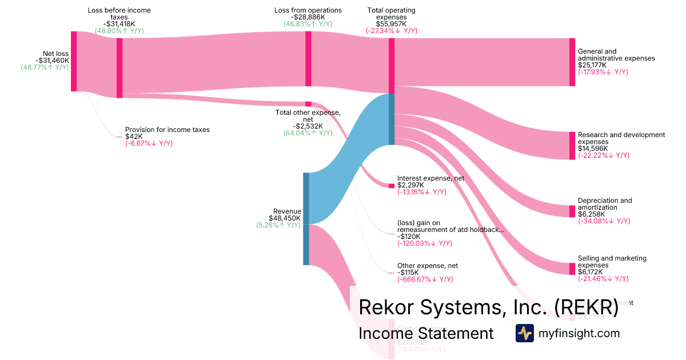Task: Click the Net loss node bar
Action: click(x=74, y=61)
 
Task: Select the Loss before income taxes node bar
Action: click(x=119, y=68)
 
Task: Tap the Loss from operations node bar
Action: click(x=308, y=59)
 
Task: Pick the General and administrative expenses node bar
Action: click(x=572, y=62)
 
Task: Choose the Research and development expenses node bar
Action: click(x=572, y=146)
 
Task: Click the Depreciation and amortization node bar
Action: click(x=572, y=211)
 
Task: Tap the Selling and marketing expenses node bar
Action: click(x=572, y=269)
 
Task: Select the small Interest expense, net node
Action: click(x=392, y=186)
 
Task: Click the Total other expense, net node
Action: click(x=308, y=104)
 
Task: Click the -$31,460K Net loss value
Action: click(x=52, y=61)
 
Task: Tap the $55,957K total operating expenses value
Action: click(x=392, y=24)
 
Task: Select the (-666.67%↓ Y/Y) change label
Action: click(x=425, y=279)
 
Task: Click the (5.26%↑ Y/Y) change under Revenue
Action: click(x=278, y=225)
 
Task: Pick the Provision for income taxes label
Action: click(x=167, y=130)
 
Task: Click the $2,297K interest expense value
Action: click(x=411, y=185)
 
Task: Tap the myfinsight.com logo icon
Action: click(x=525, y=333)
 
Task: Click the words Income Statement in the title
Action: click(x=426, y=333)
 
